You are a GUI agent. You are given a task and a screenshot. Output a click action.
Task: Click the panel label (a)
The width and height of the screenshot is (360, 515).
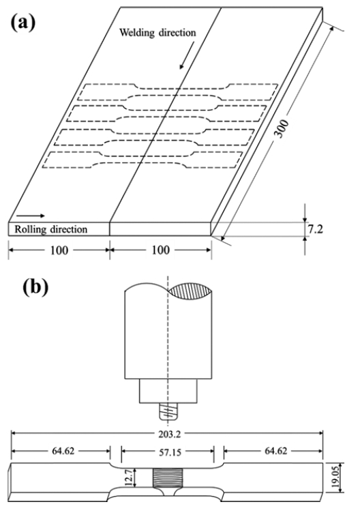click(x=23, y=24)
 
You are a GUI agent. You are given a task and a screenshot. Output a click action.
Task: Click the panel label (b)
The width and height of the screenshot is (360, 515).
click(x=35, y=286)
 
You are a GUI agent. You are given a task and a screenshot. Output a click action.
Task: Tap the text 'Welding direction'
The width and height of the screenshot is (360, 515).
click(x=157, y=33)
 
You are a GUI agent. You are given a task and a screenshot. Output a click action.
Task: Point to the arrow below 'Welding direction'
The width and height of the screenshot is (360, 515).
click(x=186, y=56)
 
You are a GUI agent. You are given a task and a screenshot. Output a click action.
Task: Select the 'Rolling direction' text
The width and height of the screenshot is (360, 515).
click(x=51, y=229)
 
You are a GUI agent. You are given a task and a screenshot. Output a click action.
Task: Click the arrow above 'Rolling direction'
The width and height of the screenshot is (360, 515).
click(x=31, y=216)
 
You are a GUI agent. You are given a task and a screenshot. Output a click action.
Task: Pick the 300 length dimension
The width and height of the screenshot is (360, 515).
click(x=282, y=129)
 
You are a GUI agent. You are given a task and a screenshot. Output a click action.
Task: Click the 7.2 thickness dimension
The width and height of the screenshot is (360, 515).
click(x=316, y=229)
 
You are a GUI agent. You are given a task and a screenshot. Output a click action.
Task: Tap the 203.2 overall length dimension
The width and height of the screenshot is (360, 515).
click(x=168, y=435)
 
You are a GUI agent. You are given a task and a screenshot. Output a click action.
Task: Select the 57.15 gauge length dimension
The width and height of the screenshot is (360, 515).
click(x=168, y=452)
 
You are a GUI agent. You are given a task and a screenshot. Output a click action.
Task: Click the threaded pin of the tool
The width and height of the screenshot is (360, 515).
click(x=168, y=411)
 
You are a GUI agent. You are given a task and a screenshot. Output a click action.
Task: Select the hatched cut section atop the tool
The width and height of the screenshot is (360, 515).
click(x=190, y=291)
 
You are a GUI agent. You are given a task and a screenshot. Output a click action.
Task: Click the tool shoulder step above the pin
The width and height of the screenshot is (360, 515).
click(x=168, y=391)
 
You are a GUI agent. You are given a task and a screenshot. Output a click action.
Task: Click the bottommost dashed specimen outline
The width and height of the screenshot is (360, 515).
click(x=142, y=160)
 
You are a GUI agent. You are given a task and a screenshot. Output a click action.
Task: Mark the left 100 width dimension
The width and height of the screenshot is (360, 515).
click(x=59, y=250)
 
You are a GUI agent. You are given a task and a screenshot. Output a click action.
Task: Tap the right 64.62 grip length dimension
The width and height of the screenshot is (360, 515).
click(x=275, y=451)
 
